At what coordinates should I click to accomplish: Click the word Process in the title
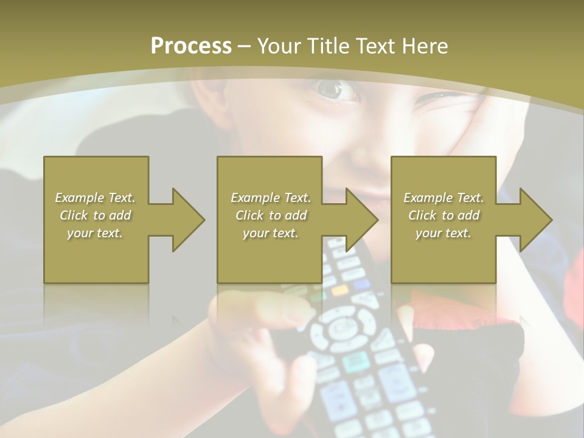click(x=190, y=46)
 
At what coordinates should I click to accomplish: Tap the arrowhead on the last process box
click(x=535, y=220)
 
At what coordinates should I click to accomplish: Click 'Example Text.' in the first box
click(x=96, y=198)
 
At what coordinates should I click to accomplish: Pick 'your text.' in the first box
click(x=96, y=233)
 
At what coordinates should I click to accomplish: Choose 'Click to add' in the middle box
click(x=271, y=215)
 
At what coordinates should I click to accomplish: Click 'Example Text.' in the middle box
click(x=271, y=198)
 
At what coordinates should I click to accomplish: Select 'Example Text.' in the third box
click(x=443, y=198)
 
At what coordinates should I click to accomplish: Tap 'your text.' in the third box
click(x=443, y=233)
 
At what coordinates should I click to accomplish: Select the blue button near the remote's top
click(x=363, y=284)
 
